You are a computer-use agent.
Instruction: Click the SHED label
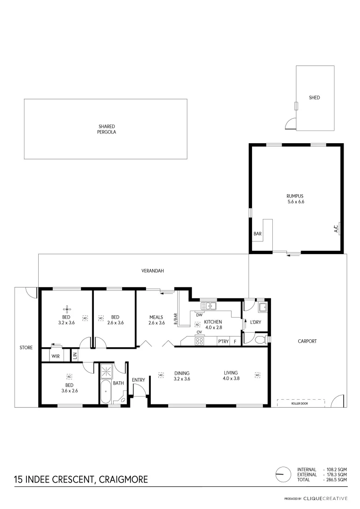(314, 98)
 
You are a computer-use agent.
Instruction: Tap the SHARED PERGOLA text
(107, 129)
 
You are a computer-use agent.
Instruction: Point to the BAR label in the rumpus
(258, 234)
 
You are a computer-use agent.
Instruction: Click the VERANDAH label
(152, 271)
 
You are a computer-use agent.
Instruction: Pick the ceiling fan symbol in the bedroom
(67, 309)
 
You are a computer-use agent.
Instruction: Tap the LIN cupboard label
(74, 355)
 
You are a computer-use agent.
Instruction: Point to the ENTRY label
(139, 380)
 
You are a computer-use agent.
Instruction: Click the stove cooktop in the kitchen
(199, 341)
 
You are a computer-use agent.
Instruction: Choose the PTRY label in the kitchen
(222, 342)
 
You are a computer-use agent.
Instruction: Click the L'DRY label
(256, 322)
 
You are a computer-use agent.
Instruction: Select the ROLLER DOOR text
(301, 403)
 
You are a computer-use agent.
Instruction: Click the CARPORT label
(307, 341)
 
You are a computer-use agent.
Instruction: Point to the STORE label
(26, 348)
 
